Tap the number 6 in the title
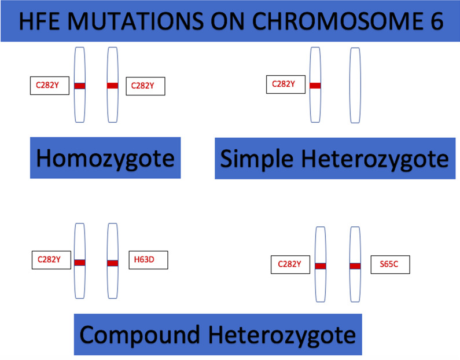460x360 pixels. (x=437, y=21)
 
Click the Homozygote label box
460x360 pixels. (x=105, y=158)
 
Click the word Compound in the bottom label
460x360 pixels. (x=139, y=335)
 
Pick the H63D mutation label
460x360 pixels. (x=149, y=260)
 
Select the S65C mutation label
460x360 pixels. (x=390, y=265)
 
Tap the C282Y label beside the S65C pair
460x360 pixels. (x=290, y=265)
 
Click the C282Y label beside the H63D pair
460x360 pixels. (x=51, y=260)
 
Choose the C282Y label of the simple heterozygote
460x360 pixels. (x=286, y=85)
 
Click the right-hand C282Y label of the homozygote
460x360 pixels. (x=145, y=86)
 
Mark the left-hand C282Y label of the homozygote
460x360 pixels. (x=50, y=86)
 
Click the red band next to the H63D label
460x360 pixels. (x=113, y=263)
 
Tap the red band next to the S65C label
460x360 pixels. (x=355, y=266)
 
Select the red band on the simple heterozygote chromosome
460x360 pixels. (x=315, y=86)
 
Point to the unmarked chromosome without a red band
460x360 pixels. (x=355, y=86)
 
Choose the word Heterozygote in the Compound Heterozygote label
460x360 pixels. (x=282, y=335)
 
